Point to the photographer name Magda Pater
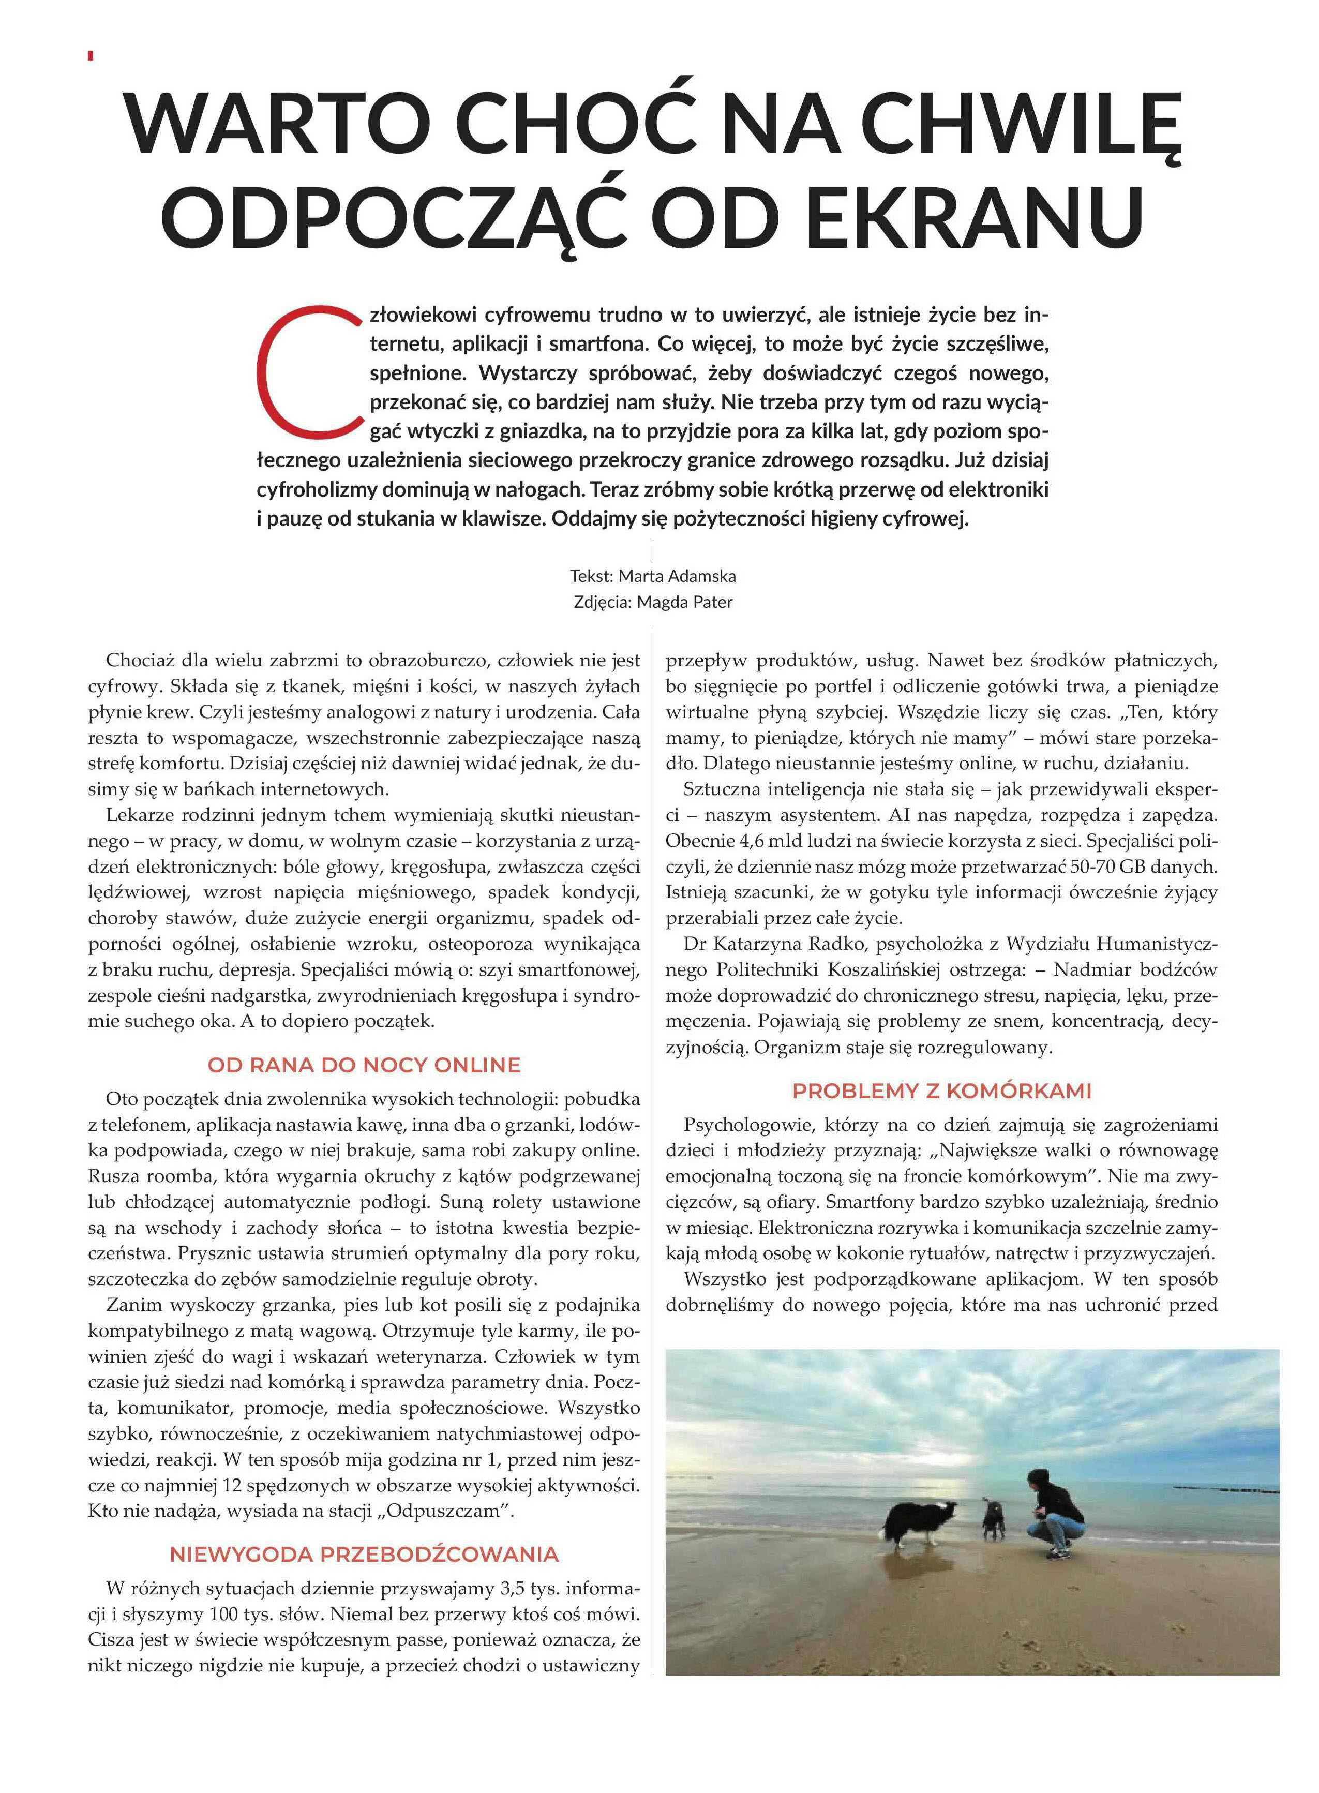point(684,602)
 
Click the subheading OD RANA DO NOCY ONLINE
point(364,1065)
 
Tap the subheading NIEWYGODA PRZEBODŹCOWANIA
point(364,1555)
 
